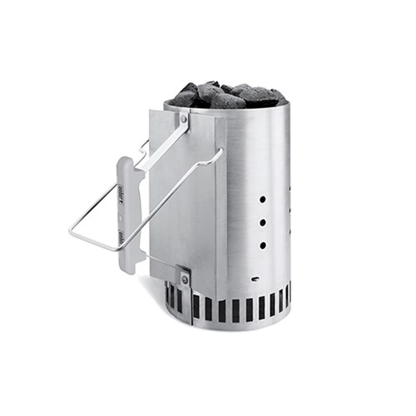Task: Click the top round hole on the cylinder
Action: pyautogui.click(x=263, y=201)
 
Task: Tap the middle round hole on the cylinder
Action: pyautogui.click(x=263, y=223)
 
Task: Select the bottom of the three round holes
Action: pyautogui.click(x=263, y=245)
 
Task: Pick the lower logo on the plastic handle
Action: pyautogui.click(x=121, y=237)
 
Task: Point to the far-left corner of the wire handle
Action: pyautogui.click(x=71, y=234)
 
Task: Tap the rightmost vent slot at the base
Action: pyautogui.click(x=288, y=297)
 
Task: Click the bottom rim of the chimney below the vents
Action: pyautogui.click(x=229, y=325)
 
